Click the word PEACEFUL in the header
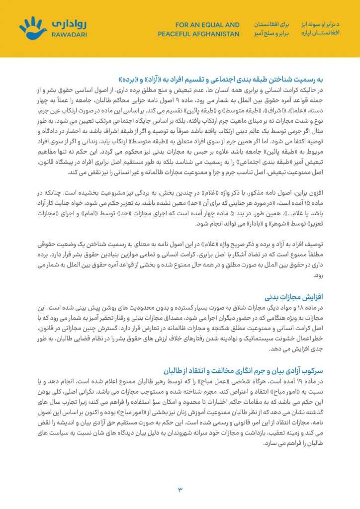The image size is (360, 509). [174, 34]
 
